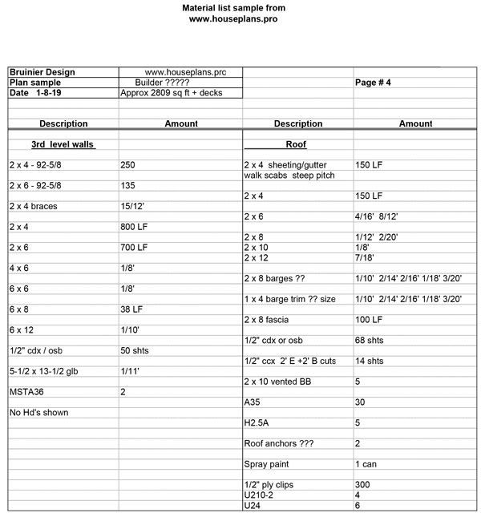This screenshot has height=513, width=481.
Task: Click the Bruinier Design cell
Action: (42, 72)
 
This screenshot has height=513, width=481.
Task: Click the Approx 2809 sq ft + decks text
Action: (171, 93)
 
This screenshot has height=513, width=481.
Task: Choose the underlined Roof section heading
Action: (296, 145)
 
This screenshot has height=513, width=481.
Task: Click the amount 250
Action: (127, 165)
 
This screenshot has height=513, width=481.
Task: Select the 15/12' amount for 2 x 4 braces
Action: (132, 206)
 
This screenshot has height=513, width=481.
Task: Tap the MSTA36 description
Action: (26, 392)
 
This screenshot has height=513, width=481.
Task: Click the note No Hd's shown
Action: (38, 413)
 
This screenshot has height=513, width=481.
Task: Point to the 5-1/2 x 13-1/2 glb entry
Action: (47, 371)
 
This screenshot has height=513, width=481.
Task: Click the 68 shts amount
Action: (370, 340)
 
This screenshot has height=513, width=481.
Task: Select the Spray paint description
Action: (269, 464)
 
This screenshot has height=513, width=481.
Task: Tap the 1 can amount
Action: (367, 464)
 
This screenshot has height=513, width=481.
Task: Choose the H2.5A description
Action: (258, 422)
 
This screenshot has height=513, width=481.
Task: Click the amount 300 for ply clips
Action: (362, 485)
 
